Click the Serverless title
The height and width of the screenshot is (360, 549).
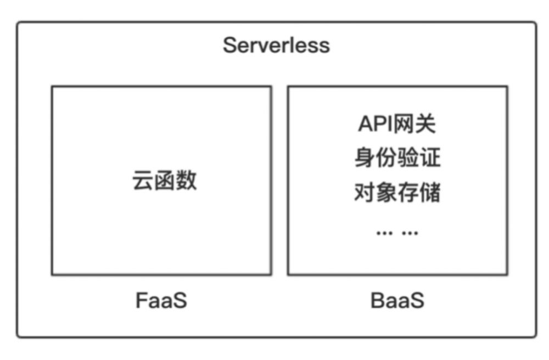tap(276, 45)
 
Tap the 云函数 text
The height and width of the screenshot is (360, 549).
tap(164, 181)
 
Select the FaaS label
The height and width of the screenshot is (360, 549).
tap(161, 300)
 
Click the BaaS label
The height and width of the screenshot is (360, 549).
tap(397, 300)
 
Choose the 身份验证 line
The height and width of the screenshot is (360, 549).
tap(397, 159)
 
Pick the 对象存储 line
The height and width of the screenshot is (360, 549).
tap(397, 193)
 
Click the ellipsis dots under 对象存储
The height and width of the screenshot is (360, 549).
tap(397, 233)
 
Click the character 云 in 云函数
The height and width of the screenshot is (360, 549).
tap(143, 181)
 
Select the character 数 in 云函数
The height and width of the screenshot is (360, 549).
tap(186, 181)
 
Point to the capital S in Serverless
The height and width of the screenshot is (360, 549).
tap(230, 45)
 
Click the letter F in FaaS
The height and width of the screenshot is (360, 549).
tap(142, 300)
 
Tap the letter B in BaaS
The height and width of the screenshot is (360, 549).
tap(378, 300)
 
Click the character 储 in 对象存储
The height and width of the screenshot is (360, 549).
tap(430, 193)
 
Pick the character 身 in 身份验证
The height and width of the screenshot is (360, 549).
tap(364, 159)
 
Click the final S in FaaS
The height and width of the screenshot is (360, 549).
tap(180, 300)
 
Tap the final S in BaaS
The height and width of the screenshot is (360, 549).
tap(417, 300)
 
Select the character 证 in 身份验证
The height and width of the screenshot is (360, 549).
tap(430, 159)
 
